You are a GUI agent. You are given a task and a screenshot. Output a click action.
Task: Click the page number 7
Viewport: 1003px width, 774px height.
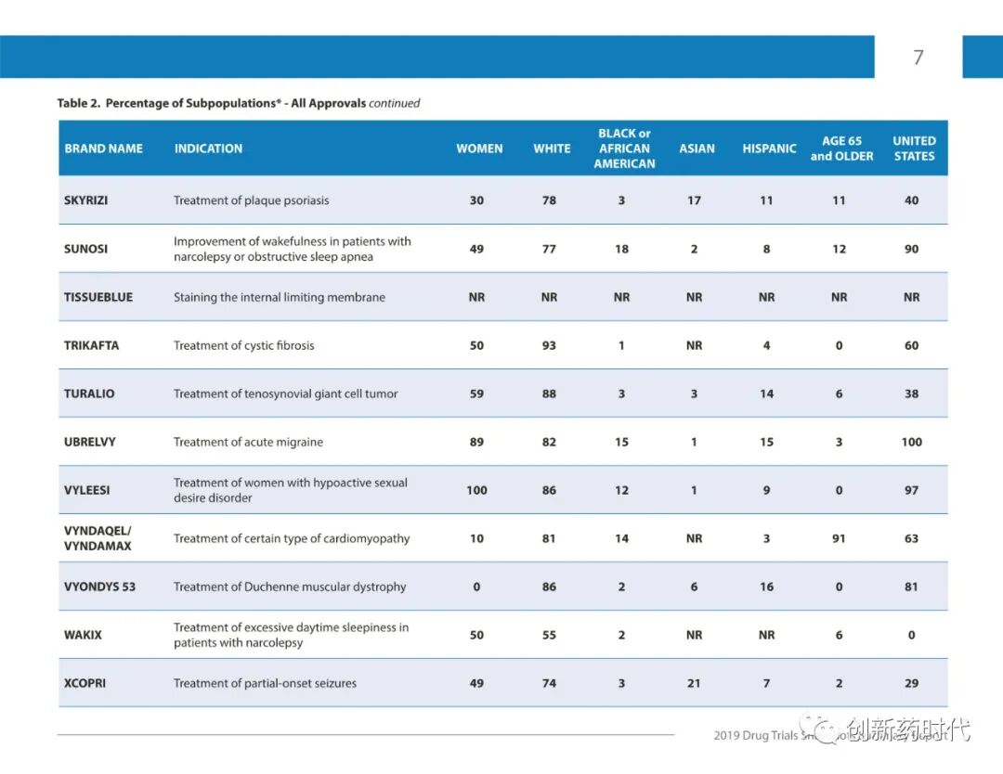point(918,58)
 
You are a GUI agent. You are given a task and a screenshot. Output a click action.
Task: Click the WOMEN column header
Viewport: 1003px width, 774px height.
point(479,148)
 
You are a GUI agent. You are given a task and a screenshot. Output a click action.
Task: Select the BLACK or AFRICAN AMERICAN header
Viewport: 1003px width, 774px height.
point(624,148)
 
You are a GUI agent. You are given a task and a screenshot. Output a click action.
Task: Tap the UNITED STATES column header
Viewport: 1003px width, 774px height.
point(914,148)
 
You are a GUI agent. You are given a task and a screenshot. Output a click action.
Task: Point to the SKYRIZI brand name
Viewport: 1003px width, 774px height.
point(86,200)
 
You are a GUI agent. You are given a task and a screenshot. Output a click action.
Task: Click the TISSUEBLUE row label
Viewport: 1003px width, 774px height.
point(98,297)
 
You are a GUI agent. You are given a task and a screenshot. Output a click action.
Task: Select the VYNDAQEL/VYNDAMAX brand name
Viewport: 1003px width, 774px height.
point(98,538)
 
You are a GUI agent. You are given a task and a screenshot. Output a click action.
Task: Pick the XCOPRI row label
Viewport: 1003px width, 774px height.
point(85,683)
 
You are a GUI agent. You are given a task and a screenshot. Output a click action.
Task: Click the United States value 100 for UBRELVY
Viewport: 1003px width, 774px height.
point(911,442)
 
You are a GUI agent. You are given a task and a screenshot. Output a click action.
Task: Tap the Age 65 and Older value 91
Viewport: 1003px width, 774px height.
point(839,538)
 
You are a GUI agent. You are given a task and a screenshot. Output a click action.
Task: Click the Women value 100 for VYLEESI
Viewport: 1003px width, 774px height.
point(476,490)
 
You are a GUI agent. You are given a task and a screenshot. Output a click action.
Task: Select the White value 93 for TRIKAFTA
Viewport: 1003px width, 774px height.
point(549,345)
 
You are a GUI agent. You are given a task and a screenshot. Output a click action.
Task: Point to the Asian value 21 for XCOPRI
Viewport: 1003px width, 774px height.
point(694,683)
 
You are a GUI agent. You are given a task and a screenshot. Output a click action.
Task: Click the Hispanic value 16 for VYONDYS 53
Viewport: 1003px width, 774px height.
point(766,587)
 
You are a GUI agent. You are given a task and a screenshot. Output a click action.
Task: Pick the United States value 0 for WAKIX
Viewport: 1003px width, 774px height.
point(911,635)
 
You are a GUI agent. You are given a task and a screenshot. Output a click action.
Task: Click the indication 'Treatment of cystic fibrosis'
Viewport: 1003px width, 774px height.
point(244,345)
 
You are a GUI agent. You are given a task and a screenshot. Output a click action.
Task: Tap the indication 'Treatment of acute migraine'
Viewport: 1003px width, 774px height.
point(249,442)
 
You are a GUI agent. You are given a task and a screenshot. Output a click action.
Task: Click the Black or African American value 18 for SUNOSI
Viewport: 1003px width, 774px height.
point(621,249)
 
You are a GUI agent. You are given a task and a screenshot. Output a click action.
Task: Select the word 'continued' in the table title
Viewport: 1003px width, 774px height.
point(395,103)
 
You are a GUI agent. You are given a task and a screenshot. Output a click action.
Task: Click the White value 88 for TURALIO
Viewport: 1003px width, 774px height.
point(549,393)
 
